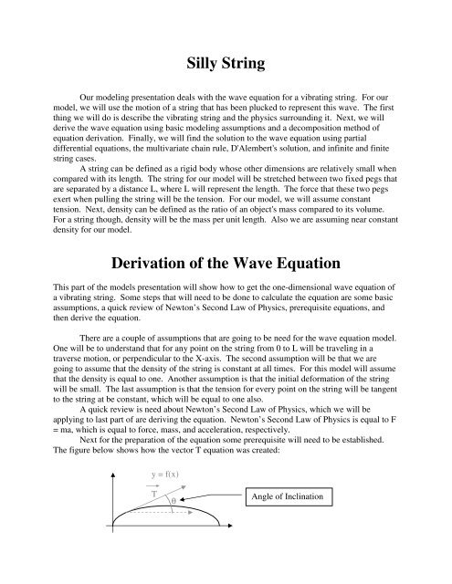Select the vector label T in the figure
(156, 492)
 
